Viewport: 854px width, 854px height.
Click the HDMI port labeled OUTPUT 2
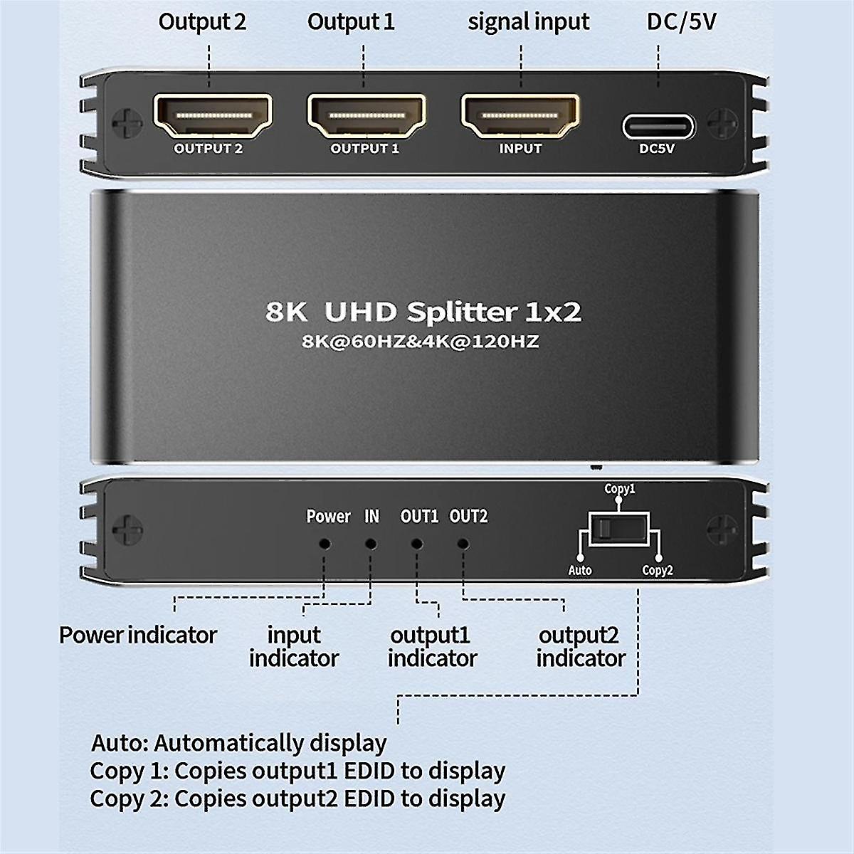click(213, 116)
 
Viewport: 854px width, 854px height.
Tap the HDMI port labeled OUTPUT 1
click(367, 116)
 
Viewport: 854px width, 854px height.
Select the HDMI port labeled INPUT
click(520, 116)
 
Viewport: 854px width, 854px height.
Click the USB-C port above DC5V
click(658, 127)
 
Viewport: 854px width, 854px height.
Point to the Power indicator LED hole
click(325, 544)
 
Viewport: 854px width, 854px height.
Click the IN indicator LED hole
click(371, 544)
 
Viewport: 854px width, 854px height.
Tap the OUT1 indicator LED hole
click(416, 544)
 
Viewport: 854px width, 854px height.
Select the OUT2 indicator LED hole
click(463, 544)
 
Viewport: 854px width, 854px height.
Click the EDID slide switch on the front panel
click(619, 529)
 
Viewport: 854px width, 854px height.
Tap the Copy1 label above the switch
click(620, 489)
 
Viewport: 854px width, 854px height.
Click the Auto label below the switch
click(580, 570)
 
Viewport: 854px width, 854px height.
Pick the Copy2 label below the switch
click(658, 570)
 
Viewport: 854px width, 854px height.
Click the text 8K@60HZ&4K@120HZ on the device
click(420, 342)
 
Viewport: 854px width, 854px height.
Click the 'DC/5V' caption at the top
click(681, 22)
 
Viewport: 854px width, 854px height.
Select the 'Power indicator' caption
click(138, 635)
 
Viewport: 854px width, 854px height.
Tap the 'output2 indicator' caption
click(581, 647)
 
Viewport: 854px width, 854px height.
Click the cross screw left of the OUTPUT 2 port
click(127, 122)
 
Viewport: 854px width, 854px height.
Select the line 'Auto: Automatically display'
click(239, 743)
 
